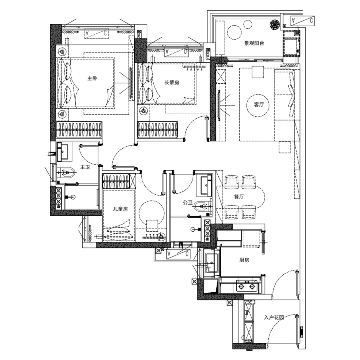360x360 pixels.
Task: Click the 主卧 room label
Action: pyautogui.click(x=92, y=78)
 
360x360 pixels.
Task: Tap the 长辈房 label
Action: pyautogui.click(x=172, y=83)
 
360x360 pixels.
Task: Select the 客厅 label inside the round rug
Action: pyautogui.click(x=259, y=104)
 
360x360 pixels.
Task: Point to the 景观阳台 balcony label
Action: pyautogui.click(x=254, y=43)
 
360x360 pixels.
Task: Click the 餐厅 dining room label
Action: pyautogui.click(x=239, y=197)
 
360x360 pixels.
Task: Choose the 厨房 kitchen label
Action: pyautogui.click(x=244, y=260)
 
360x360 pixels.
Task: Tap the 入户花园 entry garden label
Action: pyautogui.click(x=274, y=318)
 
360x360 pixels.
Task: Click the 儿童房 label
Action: pyautogui.click(x=121, y=209)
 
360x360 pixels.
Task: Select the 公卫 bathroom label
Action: pyautogui.click(x=188, y=203)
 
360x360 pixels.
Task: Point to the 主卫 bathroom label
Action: pyautogui.click(x=85, y=167)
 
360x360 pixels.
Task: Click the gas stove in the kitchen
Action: pyautogui.click(x=247, y=286)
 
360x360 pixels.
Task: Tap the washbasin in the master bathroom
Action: pyautogui.click(x=65, y=152)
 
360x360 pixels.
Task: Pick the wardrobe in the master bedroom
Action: pyautogui.click(x=79, y=130)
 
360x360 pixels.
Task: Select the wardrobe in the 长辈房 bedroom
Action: pyautogui.click(x=157, y=130)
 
